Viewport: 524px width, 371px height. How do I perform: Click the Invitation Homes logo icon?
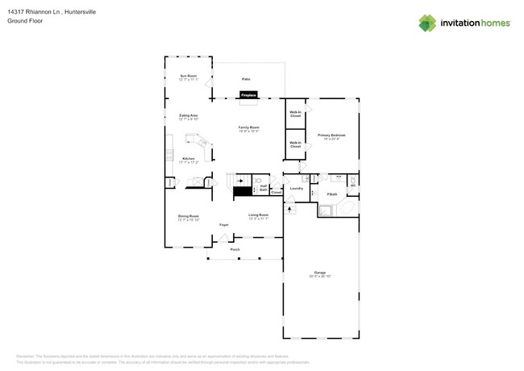(x=427, y=23)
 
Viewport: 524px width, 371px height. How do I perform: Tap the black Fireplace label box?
(x=247, y=95)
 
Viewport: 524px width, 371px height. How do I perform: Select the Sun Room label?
(x=188, y=77)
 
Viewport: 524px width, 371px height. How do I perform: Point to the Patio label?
(x=246, y=79)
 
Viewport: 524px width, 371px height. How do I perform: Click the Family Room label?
(x=248, y=128)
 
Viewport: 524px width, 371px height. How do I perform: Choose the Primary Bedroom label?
(x=331, y=136)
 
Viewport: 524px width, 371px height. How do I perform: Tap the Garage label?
(x=320, y=273)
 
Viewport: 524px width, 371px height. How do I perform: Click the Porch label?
(x=235, y=249)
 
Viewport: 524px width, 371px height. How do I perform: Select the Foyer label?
(x=224, y=225)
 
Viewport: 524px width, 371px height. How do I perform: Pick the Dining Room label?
(x=188, y=217)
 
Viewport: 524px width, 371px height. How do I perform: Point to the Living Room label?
(x=258, y=216)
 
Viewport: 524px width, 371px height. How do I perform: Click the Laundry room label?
(x=296, y=189)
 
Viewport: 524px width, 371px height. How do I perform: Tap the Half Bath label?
(x=264, y=188)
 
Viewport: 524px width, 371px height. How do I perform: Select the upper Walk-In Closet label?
(x=295, y=114)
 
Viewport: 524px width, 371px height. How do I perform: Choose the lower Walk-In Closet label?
(x=295, y=144)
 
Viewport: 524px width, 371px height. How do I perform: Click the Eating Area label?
(x=189, y=117)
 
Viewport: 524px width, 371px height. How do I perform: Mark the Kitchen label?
(x=188, y=160)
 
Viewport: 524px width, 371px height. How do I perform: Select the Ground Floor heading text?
(x=24, y=21)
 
